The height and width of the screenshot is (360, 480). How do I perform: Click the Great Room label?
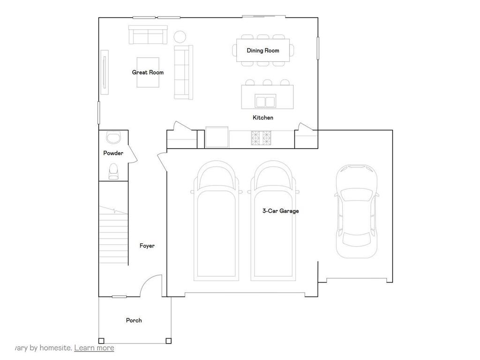coord(148,72)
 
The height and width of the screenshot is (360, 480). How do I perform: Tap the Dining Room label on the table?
coord(263,50)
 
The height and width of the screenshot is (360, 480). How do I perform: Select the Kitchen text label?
coord(263,118)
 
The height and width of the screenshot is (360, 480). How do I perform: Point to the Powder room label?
coord(113,153)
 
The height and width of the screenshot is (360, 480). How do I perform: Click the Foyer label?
coord(147,246)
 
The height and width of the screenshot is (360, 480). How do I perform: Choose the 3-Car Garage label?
coord(280,211)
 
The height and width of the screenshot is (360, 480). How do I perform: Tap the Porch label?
coord(134,320)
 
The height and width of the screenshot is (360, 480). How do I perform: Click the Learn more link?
coord(94,348)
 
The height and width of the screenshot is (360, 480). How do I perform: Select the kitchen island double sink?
coord(265,101)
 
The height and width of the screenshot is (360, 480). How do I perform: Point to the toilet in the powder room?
coord(113,171)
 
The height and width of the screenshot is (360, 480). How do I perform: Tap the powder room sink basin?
coord(113,137)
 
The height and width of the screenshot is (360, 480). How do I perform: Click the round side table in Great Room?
coord(180,36)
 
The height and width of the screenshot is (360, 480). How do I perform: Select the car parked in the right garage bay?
coord(357,211)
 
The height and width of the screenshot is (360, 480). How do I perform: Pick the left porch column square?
coord(101,341)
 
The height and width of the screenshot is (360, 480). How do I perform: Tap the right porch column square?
coord(168,341)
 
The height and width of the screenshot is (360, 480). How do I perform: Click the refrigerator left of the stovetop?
coord(217,138)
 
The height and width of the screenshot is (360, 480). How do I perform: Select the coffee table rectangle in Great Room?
coord(148,72)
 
